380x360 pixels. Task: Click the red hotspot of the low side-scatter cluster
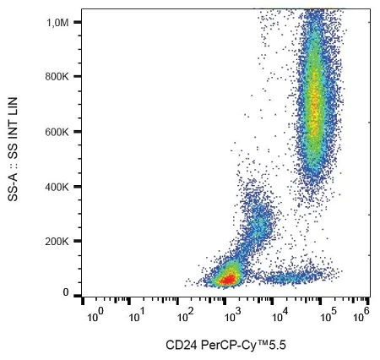[x=226, y=275]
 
